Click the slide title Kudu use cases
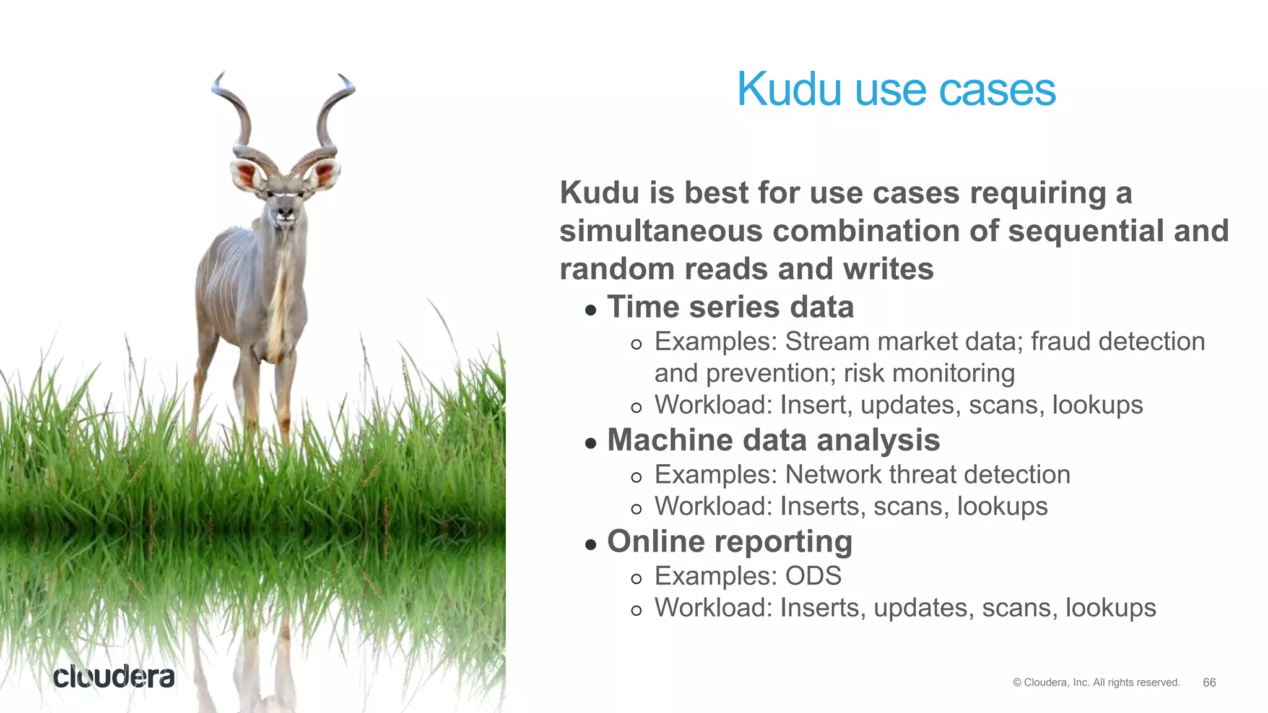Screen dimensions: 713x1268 point(896,90)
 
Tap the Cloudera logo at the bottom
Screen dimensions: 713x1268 point(114,677)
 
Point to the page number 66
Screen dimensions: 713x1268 point(1209,682)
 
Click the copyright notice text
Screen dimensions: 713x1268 point(1096,682)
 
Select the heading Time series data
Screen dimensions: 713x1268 point(730,307)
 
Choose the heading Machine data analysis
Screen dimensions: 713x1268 point(773,440)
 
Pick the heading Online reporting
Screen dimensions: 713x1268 point(729,542)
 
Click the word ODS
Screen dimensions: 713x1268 point(813,576)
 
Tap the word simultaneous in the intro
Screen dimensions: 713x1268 point(661,231)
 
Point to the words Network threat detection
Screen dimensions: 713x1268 point(927,475)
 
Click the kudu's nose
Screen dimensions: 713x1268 point(285,214)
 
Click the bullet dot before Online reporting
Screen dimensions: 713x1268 point(590,545)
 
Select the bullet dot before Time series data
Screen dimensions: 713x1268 point(590,310)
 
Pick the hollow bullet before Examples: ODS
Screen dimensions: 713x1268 point(636,579)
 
